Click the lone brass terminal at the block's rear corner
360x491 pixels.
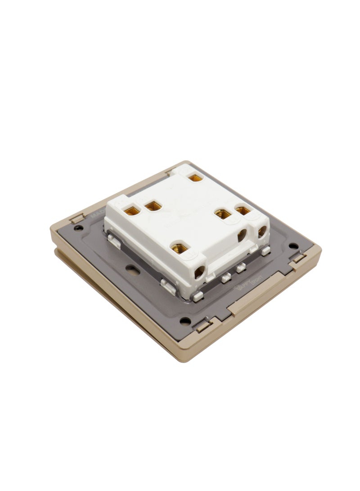[x=194, y=178]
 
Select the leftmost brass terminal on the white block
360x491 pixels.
[x=130, y=209]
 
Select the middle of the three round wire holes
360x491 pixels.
[x=243, y=234]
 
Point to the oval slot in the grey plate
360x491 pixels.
[x=132, y=270]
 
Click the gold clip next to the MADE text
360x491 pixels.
[x=76, y=219]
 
